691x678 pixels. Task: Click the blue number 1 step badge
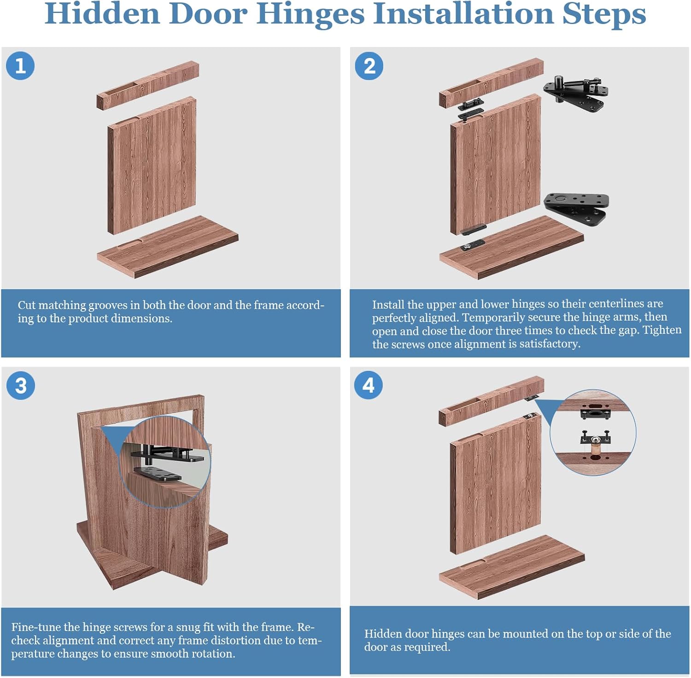coord(20,66)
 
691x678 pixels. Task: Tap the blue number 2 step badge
coord(369,66)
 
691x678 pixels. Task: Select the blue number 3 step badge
coord(21,386)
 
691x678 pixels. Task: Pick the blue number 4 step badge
coord(368,385)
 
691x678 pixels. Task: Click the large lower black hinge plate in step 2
coord(576,207)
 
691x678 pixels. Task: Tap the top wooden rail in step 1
coord(147,85)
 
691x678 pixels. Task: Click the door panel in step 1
coord(152,166)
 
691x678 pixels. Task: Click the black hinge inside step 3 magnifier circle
coord(161,463)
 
